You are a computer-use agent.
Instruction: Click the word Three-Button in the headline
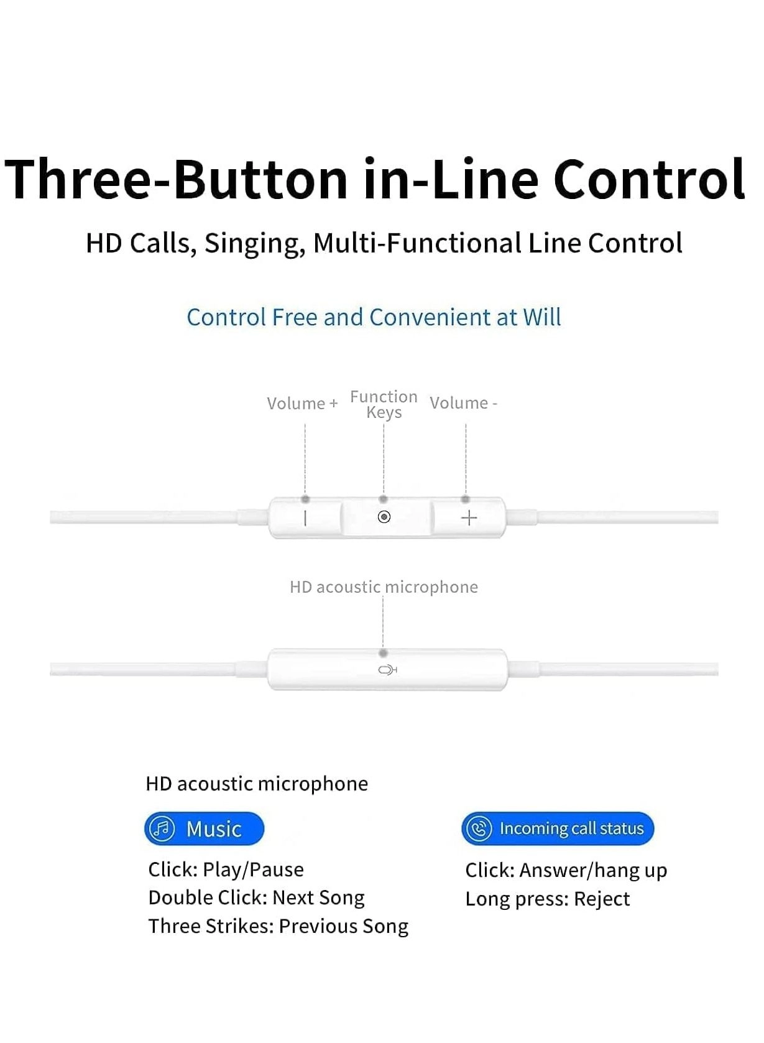pyautogui.click(x=176, y=180)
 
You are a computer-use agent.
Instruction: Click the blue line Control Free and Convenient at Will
pyautogui.click(x=374, y=318)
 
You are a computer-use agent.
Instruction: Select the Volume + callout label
pyautogui.click(x=303, y=403)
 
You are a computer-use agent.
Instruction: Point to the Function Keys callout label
pyautogui.click(x=384, y=404)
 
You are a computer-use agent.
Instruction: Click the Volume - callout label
pyautogui.click(x=463, y=403)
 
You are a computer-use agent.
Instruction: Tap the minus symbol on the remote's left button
pyautogui.click(x=305, y=518)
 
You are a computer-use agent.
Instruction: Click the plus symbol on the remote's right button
pyautogui.click(x=469, y=518)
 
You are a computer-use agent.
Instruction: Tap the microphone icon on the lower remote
pyautogui.click(x=387, y=670)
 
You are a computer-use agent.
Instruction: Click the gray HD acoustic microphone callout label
pyautogui.click(x=384, y=587)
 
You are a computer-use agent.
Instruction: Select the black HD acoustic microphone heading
pyautogui.click(x=257, y=784)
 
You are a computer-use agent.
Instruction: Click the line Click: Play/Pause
pyautogui.click(x=226, y=869)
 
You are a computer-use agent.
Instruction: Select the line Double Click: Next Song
pyautogui.click(x=256, y=898)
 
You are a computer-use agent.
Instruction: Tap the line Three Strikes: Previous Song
pyautogui.click(x=278, y=926)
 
